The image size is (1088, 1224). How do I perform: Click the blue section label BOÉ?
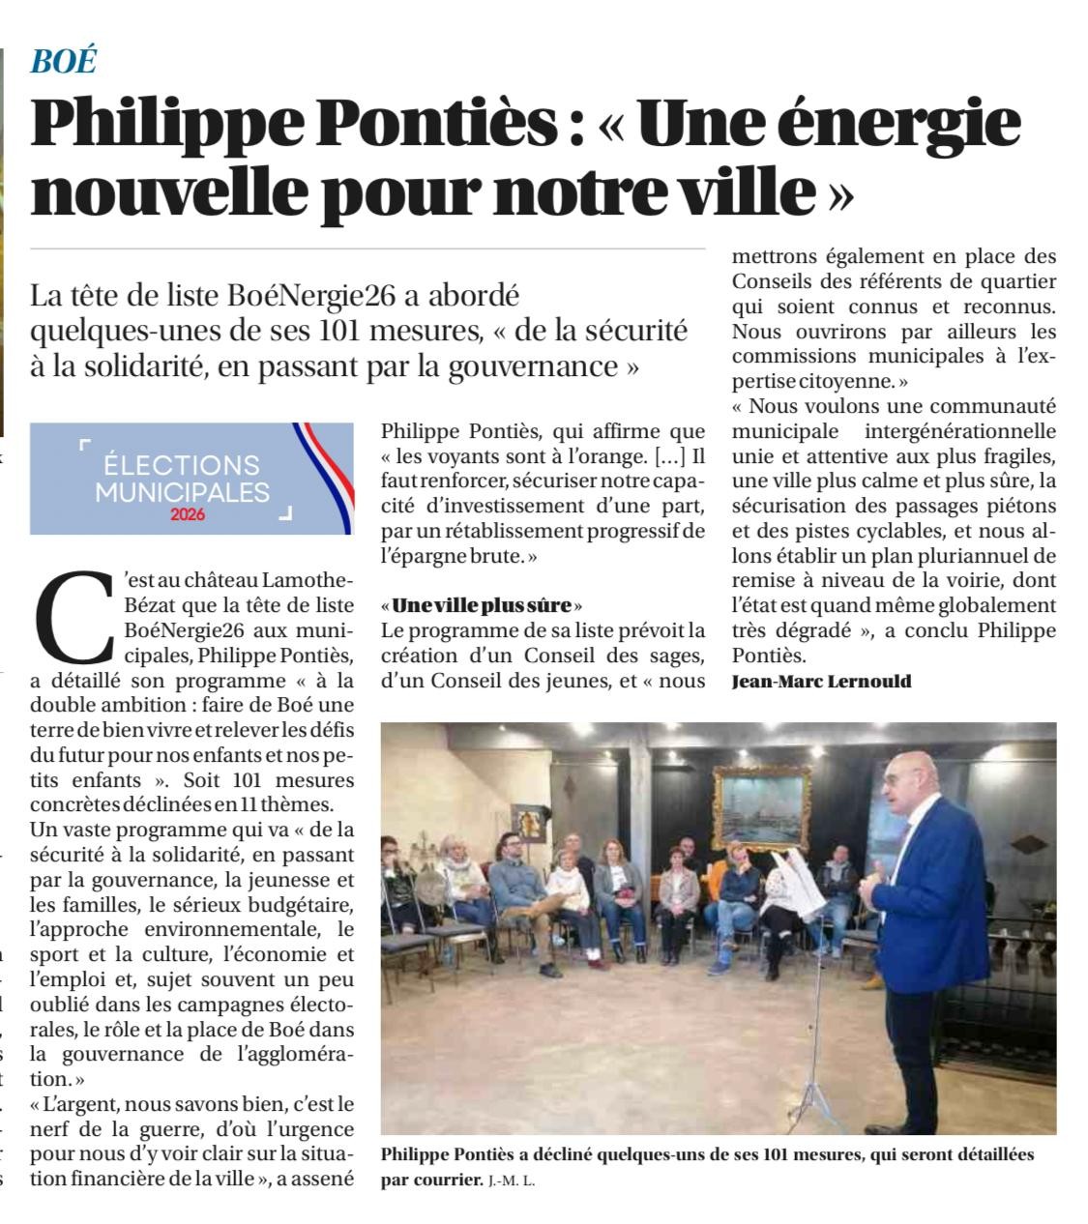64,61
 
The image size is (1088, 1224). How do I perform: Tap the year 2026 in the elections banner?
187,514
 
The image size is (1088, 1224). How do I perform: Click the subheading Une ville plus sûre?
482,606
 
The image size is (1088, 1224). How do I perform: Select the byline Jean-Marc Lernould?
821,682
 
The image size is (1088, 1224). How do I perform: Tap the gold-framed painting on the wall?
762,806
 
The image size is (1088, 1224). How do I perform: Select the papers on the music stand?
799,880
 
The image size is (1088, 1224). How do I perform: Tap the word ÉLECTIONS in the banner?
182,466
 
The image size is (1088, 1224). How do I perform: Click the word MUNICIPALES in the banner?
182,491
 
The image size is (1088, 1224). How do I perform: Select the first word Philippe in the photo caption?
418,1155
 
